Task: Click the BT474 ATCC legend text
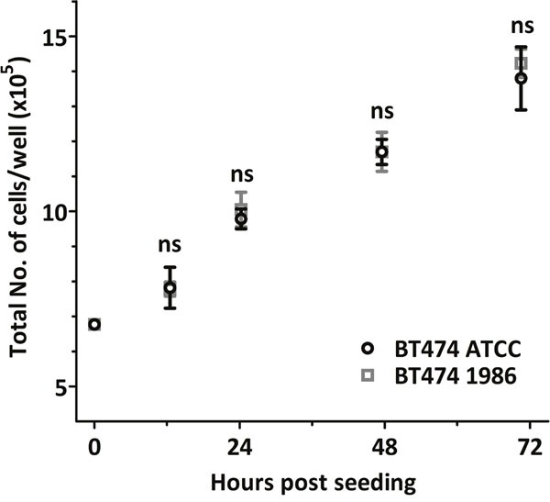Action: point(448,349)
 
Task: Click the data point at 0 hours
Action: point(94,324)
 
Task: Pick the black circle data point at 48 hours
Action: point(381,151)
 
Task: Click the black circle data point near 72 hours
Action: point(521,78)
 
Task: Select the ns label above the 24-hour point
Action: point(241,174)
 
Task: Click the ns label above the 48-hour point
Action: point(381,111)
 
